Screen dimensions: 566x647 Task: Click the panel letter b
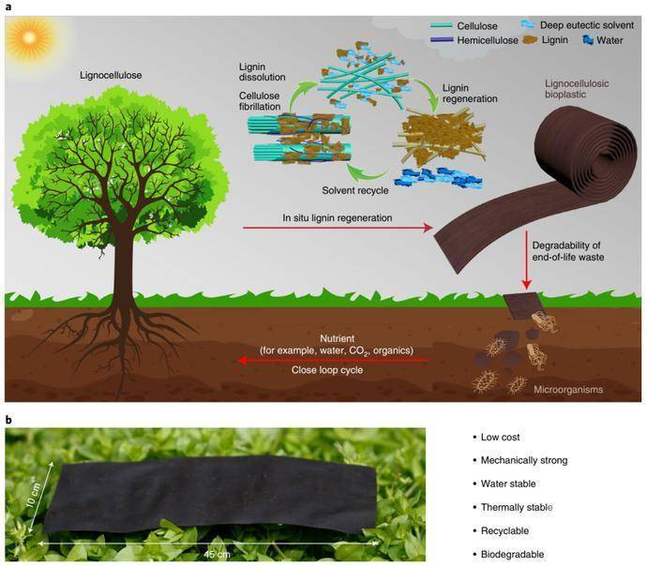pyautogui.click(x=8, y=419)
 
